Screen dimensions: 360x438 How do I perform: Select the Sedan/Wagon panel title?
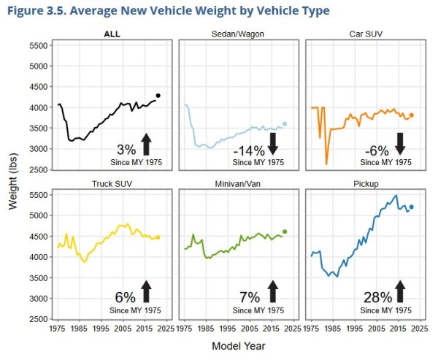click(x=240, y=34)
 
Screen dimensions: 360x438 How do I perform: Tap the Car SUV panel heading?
click(x=367, y=34)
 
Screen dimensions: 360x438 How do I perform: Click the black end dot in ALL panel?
click(x=158, y=96)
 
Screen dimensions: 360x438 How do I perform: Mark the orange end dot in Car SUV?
click(x=412, y=115)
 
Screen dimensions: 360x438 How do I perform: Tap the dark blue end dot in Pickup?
click(x=412, y=207)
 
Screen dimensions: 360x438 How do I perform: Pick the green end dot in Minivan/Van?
click(x=285, y=231)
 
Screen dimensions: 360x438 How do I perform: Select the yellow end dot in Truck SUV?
click(x=158, y=237)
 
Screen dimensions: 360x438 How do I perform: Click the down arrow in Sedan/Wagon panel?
click(x=273, y=142)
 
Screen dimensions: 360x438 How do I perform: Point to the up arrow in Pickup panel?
click(x=399, y=291)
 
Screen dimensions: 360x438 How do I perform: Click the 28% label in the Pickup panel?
click(x=377, y=298)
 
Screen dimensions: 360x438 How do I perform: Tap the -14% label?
click(x=249, y=150)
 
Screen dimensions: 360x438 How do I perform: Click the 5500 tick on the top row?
click(x=37, y=45)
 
